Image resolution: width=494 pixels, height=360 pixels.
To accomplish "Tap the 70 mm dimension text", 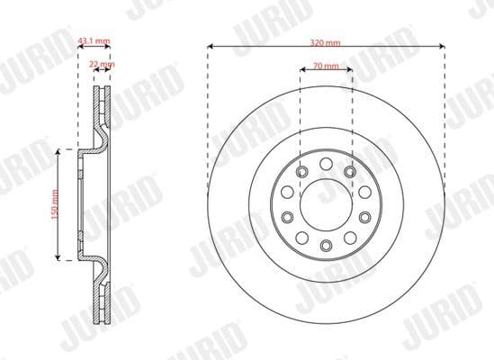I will click(x=326, y=66).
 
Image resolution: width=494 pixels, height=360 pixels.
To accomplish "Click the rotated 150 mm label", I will click(x=55, y=204).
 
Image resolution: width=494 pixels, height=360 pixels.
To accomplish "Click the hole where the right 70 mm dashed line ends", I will click(x=349, y=172).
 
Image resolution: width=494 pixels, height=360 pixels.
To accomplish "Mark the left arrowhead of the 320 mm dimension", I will click(x=210, y=45).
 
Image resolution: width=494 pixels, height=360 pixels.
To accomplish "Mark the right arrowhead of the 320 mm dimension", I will click(x=442, y=45).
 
